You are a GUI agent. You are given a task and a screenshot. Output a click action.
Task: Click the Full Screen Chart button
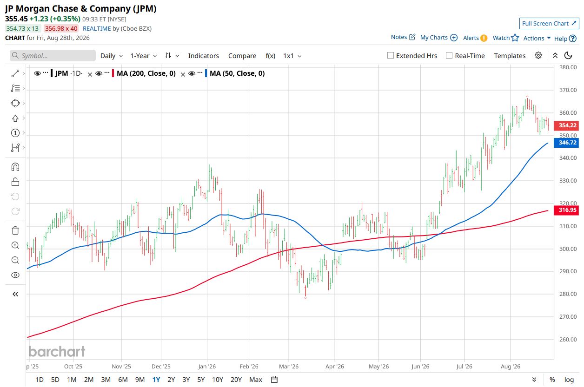549,23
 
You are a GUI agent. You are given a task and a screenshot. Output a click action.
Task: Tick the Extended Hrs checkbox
390,55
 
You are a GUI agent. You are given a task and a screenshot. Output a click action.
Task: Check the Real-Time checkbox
449,55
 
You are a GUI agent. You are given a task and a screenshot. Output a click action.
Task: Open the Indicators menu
203,56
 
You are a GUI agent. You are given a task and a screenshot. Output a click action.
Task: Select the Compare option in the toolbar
242,56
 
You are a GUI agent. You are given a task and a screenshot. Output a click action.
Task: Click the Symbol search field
53,55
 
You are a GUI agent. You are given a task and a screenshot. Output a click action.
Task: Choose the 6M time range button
123,380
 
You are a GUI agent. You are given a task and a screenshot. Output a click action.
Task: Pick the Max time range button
256,380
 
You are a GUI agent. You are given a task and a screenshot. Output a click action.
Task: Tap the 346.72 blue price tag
566,143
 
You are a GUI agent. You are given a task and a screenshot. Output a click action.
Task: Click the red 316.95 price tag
566,210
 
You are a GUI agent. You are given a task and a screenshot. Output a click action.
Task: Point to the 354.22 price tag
566,125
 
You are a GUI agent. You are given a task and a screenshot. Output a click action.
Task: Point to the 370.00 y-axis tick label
568,90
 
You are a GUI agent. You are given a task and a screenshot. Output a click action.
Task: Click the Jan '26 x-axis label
207,367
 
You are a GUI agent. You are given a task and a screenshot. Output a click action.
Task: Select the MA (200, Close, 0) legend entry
146,73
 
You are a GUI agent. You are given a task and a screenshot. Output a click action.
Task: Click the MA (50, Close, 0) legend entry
237,73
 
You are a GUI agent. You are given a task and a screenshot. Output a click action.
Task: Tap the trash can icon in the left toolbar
15,230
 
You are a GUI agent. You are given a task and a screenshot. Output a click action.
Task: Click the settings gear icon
538,55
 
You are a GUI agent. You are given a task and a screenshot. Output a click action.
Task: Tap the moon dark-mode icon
568,55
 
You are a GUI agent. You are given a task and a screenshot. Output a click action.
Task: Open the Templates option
510,56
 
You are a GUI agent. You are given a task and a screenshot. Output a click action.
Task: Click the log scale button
569,380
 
